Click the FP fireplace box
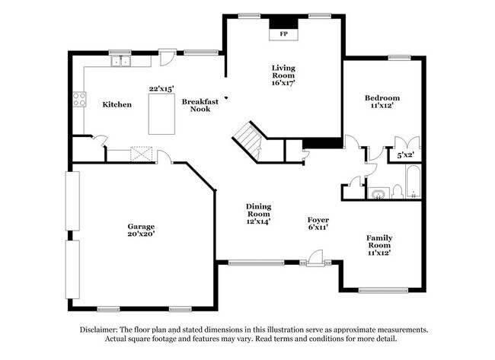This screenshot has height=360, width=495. [x=283, y=34]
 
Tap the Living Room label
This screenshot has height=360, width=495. [x=283, y=72]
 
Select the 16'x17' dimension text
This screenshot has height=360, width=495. [x=283, y=82]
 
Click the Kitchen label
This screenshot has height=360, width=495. [x=117, y=104]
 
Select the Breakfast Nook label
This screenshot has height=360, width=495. [x=200, y=104]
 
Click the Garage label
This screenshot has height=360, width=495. [x=141, y=227]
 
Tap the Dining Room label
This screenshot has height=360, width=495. [x=259, y=211]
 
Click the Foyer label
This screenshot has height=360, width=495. [x=318, y=219]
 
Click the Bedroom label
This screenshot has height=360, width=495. [x=382, y=98]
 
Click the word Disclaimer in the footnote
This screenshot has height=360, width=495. [x=101, y=330]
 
